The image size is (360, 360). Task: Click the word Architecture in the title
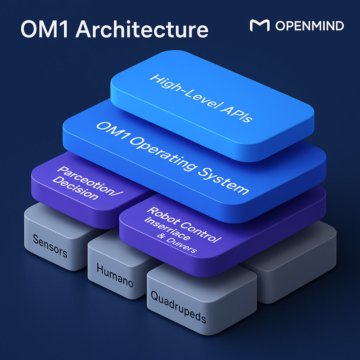[142, 30]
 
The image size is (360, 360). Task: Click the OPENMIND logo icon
[259, 26]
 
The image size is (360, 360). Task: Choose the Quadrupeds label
[178, 307]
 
